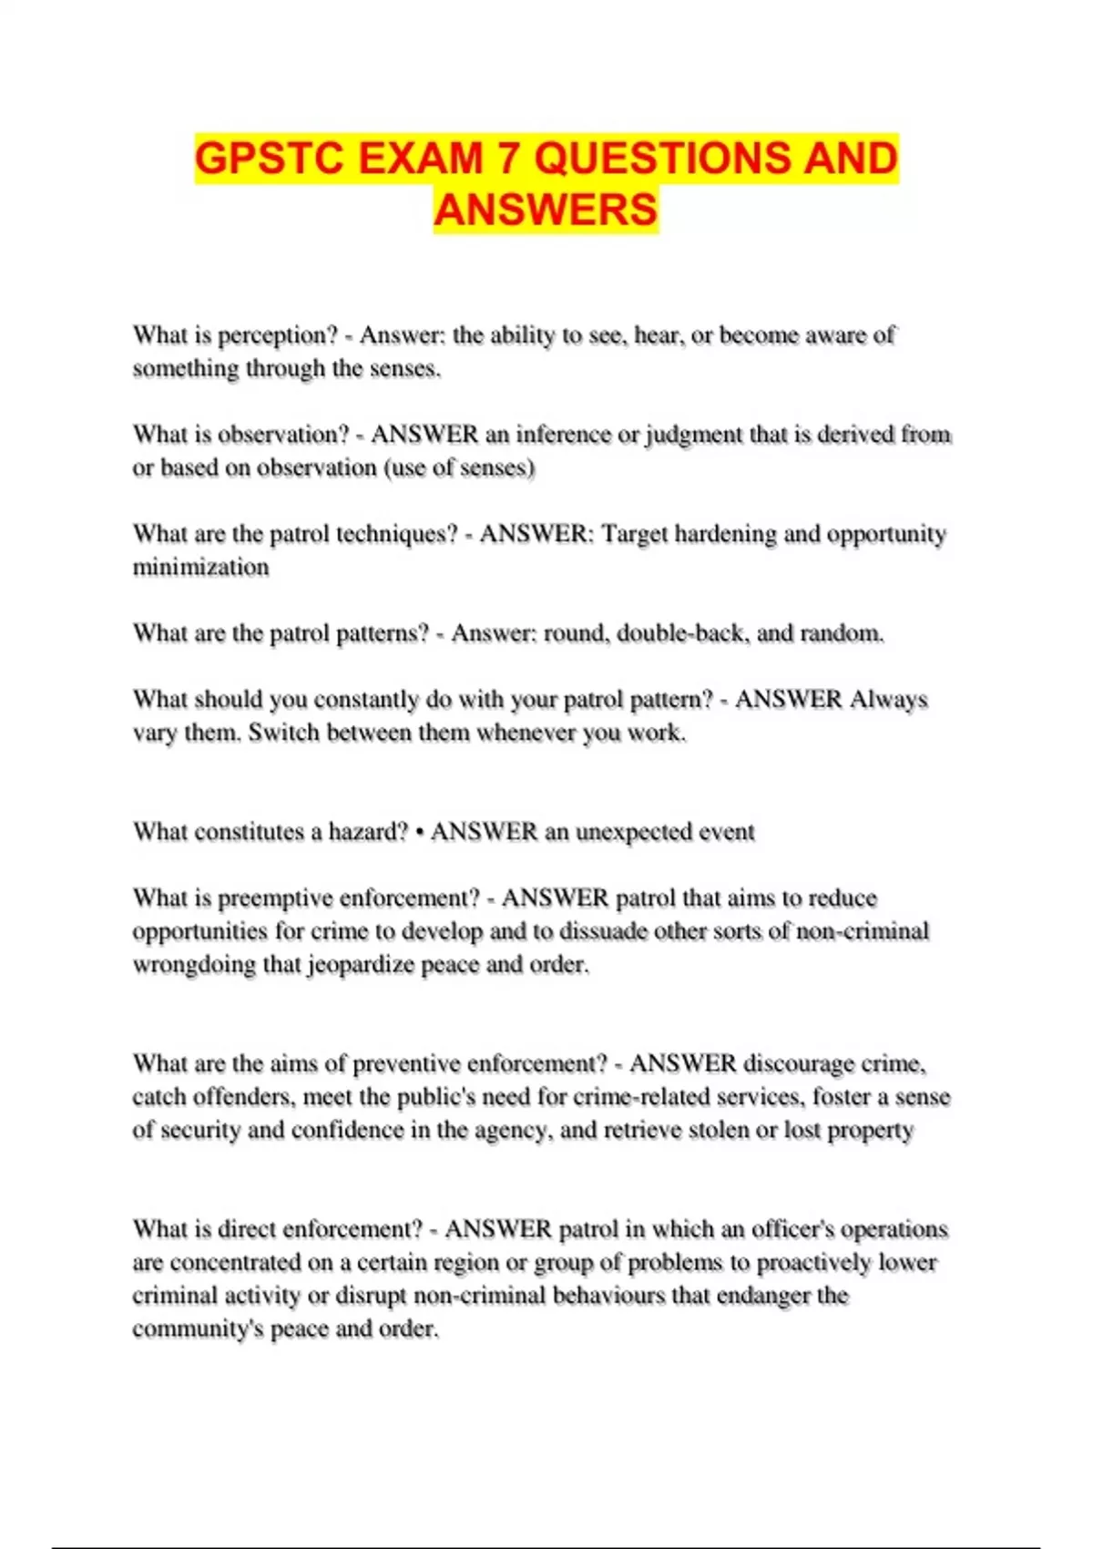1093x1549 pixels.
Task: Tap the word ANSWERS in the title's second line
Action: (546, 210)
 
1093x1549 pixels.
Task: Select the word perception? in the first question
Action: (278, 336)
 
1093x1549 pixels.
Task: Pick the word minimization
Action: (201, 568)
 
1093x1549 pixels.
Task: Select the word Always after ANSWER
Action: (888, 700)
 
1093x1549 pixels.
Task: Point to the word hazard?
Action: (368, 832)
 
